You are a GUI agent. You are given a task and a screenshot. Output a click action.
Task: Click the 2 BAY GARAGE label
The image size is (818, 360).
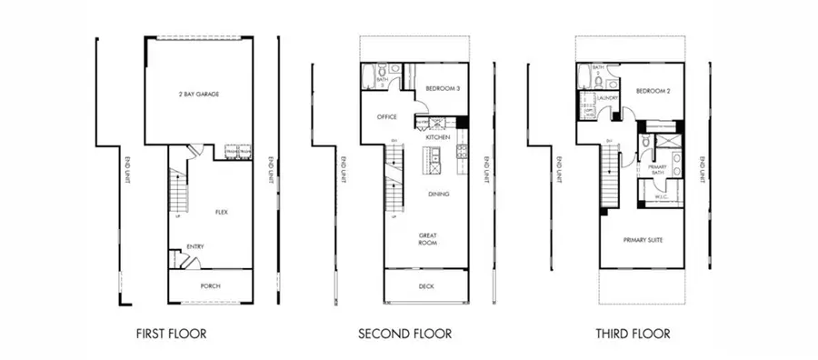199,94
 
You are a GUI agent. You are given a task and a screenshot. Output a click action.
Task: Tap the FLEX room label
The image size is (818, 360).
221,212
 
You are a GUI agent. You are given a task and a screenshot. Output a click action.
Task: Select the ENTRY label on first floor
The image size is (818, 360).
195,246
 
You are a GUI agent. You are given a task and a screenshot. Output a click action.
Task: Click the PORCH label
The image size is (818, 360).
210,286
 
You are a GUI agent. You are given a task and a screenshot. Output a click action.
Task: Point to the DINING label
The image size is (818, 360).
439,194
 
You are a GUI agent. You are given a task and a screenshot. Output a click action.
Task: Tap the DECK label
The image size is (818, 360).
426,285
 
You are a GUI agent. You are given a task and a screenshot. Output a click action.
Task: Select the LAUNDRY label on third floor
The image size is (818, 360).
608,97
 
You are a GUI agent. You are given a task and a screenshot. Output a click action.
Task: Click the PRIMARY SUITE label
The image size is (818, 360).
643,240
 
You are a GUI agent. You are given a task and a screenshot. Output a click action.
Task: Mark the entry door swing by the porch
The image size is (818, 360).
189,261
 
